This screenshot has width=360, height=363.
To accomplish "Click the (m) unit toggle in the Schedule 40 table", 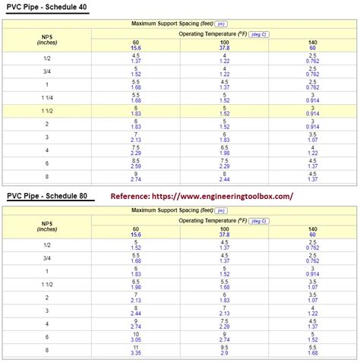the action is coord(221,24).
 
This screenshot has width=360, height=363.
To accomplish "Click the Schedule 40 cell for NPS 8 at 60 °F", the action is coord(135,176).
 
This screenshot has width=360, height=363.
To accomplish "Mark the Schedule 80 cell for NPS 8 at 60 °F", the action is coord(135,350).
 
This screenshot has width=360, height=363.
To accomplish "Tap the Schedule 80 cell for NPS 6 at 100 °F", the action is coord(225,336).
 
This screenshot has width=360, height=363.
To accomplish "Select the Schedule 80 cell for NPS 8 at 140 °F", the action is coord(313,350).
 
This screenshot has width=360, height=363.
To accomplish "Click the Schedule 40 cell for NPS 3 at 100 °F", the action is coord(225,137).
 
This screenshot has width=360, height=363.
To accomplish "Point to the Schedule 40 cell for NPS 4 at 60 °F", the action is coord(135,150).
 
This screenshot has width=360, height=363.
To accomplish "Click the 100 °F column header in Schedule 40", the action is coord(225,43).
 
